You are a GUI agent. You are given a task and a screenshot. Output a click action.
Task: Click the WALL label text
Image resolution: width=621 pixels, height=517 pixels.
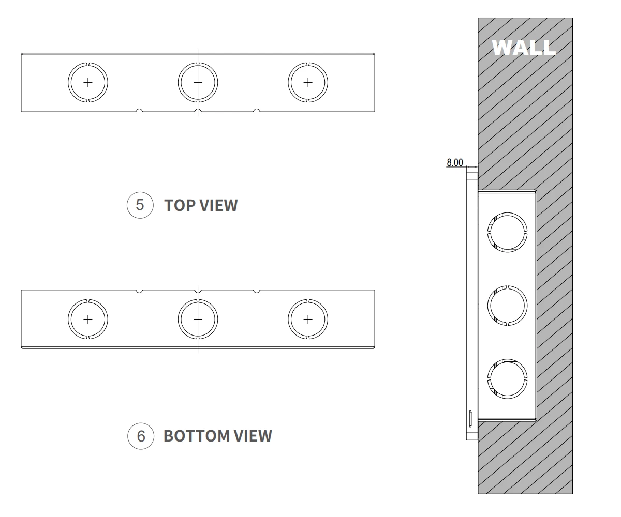523,47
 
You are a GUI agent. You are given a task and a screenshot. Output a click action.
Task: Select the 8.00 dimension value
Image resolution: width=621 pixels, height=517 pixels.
455,162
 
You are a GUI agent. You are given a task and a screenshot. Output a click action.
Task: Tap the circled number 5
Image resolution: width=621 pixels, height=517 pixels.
140,205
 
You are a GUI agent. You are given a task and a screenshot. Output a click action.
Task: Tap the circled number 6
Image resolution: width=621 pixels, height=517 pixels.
140,436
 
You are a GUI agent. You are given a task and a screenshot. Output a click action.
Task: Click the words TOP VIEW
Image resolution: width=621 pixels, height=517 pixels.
201,205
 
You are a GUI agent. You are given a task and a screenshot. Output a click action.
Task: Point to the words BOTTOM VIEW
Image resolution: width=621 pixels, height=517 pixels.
217,436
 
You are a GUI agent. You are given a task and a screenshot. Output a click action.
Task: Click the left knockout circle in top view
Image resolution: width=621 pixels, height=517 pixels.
88,82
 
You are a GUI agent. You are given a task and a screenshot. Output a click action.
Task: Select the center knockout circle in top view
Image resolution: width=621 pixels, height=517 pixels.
198,82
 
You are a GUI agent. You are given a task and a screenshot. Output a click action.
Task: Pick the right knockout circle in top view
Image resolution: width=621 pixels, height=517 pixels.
308,82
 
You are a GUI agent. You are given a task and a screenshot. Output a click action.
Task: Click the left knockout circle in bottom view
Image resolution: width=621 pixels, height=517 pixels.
88,319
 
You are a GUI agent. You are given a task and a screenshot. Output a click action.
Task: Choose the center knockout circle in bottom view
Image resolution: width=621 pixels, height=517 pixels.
198,319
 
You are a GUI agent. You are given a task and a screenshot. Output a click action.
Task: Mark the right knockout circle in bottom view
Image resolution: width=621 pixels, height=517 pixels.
308,319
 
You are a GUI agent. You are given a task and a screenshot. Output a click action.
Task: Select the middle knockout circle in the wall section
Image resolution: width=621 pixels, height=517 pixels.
507,305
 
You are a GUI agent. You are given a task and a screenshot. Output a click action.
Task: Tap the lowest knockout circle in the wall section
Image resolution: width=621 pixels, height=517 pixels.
507,378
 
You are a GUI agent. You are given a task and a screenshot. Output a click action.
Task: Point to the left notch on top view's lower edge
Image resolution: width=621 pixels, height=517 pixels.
140,110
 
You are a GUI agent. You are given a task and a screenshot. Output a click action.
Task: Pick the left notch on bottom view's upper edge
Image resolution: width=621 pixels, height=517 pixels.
140,292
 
